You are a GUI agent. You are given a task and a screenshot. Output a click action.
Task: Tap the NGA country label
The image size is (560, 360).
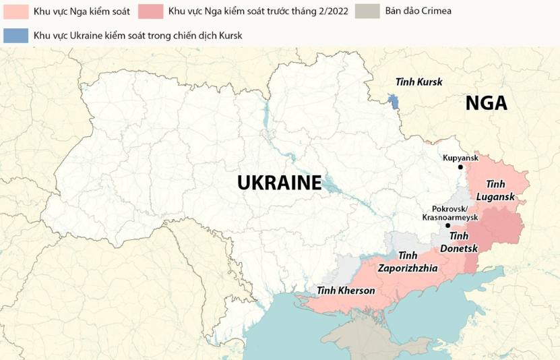point(486,103)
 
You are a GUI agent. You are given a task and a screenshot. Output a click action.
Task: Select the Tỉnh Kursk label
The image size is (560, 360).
point(418,82)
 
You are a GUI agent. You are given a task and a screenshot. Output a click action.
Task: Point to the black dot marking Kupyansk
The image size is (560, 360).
point(460,167)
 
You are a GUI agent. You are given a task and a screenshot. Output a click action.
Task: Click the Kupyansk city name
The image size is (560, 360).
point(460,158)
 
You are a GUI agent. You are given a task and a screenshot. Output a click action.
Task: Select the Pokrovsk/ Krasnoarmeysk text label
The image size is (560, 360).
point(449,213)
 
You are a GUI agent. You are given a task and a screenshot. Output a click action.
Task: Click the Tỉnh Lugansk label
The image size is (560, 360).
point(495,190)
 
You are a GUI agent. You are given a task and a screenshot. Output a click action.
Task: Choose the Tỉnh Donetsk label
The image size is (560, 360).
point(459,242)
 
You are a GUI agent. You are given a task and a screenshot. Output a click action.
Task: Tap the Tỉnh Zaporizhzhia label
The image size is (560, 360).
point(408,262)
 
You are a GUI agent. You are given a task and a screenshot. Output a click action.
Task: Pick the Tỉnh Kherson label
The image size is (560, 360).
point(346,291)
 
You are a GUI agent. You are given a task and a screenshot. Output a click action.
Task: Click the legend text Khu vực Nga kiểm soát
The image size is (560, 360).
point(82,11)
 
